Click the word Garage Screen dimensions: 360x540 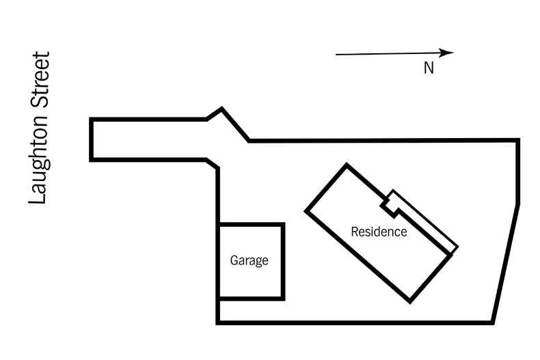tap(249, 260)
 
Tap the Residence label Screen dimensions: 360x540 tap(379, 232)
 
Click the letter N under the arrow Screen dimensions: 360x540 tap(429, 68)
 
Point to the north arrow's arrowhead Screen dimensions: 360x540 tap(448, 53)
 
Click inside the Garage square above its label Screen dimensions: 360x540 tap(250, 238)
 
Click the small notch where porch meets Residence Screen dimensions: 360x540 tap(388, 202)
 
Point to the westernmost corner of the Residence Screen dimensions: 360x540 tap(306, 210)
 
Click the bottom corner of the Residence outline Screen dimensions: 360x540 tap(410, 301)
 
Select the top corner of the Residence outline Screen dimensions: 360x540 tap(347, 165)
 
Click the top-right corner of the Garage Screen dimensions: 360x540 tap(283, 225)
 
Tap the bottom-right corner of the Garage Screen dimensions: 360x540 tap(283, 298)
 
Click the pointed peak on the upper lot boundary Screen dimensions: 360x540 tap(221, 108)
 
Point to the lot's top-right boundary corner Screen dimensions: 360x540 tap(517, 140)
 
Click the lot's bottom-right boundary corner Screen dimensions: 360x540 tap(492, 322)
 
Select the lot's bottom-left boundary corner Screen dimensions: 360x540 tap(218, 322)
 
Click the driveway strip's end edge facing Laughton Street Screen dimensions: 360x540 tap(91, 140)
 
